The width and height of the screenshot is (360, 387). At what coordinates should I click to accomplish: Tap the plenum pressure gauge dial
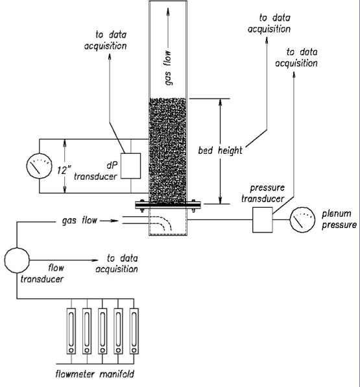tap(302, 220)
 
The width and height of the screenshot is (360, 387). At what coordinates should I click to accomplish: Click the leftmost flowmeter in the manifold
tap(71, 331)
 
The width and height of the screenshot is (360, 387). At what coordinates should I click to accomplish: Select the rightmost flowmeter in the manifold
tap(134, 331)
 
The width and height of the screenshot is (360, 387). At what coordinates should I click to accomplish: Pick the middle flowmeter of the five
tap(102, 331)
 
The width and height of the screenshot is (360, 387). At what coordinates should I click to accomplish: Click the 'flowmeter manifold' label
tap(95, 374)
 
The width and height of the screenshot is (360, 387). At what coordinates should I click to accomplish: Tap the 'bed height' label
tap(220, 150)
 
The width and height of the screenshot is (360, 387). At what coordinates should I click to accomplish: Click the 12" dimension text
tap(64, 170)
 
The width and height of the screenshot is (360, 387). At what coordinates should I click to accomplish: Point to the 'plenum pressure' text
tap(339, 219)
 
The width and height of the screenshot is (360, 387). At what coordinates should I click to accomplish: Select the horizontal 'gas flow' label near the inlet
tap(80, 220)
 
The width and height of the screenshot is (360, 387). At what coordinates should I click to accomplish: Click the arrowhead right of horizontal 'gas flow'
tap(115, 221)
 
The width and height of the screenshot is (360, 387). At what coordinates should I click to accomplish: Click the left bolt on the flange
tap(142, 205)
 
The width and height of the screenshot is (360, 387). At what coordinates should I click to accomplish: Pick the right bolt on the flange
tap(193, 205)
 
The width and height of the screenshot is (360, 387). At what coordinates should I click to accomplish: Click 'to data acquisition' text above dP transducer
tap(106, 40)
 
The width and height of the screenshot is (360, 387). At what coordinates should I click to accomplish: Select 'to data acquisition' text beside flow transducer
tap(117, 264)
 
